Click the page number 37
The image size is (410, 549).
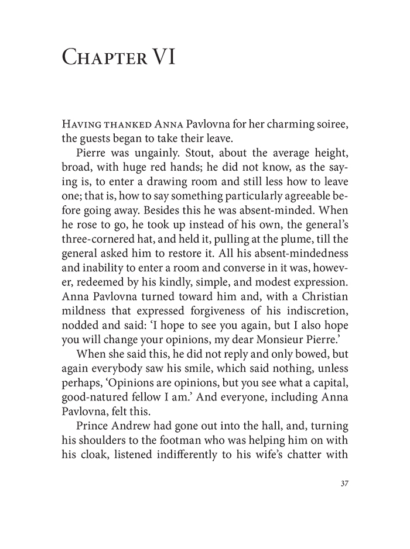point(343,484)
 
